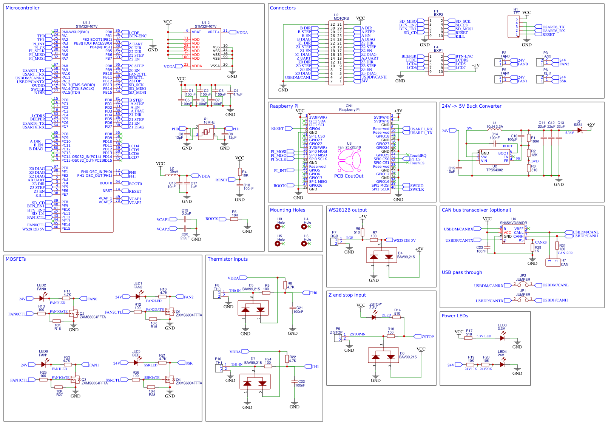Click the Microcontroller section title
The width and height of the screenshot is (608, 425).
(23, 8)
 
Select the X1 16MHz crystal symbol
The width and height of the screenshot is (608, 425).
(206, 132)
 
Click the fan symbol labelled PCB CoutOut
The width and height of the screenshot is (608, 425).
(349, 161)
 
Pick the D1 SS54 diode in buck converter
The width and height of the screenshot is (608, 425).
(580, 130)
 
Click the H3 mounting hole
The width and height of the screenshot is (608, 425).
(278, 227)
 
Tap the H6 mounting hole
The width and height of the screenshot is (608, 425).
(304, 244)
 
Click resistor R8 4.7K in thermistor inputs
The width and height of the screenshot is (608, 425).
(285, 285)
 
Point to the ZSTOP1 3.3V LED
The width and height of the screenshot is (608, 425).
(374, 317)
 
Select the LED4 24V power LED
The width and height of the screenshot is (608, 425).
(502, 365)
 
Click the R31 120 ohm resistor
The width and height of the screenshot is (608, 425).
(557, 246)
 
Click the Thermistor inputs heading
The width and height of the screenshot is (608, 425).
(228, 259)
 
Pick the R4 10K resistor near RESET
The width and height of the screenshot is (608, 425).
(239, 172)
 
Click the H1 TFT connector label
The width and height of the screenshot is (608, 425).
(516, 11)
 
